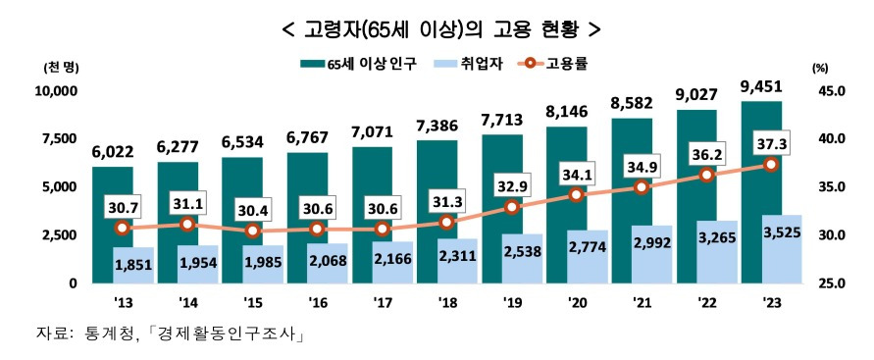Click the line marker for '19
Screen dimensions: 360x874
click(512, 207)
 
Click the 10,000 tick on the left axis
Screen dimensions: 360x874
click(56, 91)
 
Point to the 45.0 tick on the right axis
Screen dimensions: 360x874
click(829, 91)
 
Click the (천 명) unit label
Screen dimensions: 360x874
click(59, 68)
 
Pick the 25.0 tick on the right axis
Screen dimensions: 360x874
click(829, 283)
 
